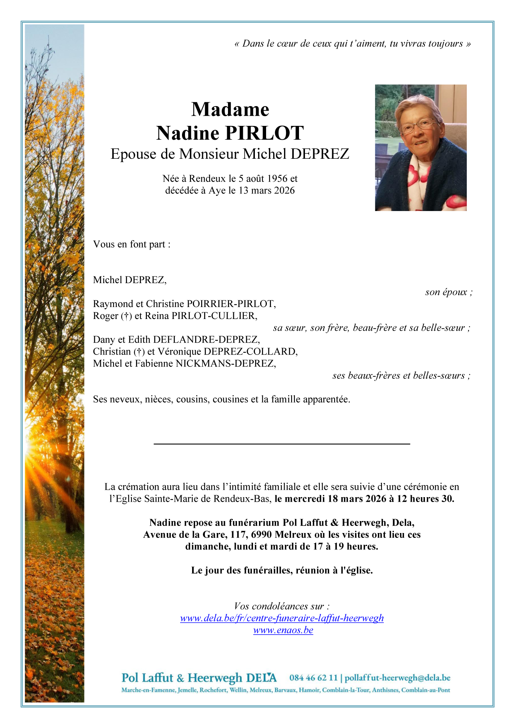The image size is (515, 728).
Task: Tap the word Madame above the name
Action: click(x=230, y=109)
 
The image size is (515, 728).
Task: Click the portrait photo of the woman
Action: click(x=420, y=148)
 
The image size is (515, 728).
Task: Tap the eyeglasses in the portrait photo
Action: click(x=418, y=126)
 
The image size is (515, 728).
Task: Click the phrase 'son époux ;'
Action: click(x=448, y=292)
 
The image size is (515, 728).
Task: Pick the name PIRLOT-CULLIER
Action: click(x=214, y=316)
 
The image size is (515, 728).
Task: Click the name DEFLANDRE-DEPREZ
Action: click(x=206, y=340)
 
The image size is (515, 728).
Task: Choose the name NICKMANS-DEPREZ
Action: click(x=226, y=363)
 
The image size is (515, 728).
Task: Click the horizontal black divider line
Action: click(x=282, y=444)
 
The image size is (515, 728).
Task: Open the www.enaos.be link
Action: click(x=283, y=630)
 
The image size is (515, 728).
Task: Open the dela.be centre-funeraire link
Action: click(x=282, y=618)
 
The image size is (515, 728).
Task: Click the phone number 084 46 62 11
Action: click(x=313, y=678)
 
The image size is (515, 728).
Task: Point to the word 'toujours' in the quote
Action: click(x=445, y=44)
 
